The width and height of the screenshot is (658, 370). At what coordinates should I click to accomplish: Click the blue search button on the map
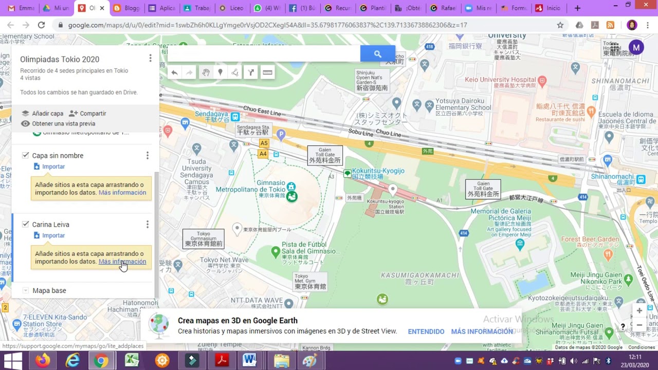click(377, 54)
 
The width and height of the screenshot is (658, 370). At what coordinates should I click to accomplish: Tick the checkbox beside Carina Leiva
click(26, 224)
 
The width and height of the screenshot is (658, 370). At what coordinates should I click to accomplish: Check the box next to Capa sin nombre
click(26, 155)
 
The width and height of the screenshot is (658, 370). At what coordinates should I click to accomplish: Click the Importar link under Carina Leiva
click(53, 235)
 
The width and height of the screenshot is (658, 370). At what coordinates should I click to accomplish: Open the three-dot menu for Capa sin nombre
click(148, 155)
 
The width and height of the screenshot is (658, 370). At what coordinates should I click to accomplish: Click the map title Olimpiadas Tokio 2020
click(60, 60)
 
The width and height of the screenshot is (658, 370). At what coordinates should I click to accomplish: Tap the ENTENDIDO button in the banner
click(426, 331)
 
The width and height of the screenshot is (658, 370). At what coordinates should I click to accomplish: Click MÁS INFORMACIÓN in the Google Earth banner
click(482, 331)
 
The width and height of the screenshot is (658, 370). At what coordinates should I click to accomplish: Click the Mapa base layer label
click(49, 291)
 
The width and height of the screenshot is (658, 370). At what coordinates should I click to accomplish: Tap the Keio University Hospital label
click(500, 80)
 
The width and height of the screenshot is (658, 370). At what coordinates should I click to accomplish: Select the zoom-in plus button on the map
click(639, 311)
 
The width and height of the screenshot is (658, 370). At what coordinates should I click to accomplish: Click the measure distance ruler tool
click(267, 72)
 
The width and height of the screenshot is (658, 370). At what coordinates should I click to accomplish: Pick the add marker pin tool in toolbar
click(220, 72)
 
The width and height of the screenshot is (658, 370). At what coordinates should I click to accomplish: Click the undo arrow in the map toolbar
click(174, 72)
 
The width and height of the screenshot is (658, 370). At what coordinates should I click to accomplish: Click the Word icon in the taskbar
click(249, 360)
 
